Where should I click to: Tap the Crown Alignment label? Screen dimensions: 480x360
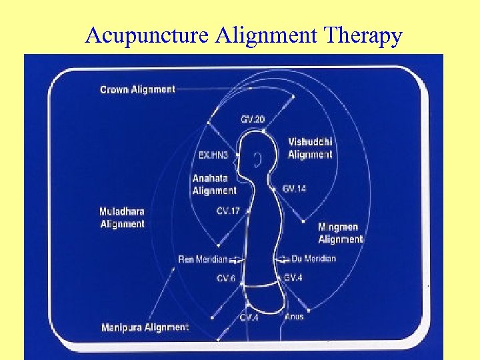[x=137, y=89]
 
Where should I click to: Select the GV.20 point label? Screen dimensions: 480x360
[x=253, y=119]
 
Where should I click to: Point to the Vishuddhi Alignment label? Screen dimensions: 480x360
[x=310, y=148]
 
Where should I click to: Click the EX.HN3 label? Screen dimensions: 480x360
[x=213, y=155]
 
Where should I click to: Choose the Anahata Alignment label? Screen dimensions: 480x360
[x=214, y=184]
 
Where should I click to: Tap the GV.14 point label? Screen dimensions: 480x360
[x=294, y=189]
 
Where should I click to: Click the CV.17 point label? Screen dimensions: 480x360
[x=228, y=211]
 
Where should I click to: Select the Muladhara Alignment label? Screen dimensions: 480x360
[x=122, y=218]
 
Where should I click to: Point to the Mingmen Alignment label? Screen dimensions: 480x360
[x=340, y=233]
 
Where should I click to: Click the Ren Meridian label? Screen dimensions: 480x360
[x=203, y=259]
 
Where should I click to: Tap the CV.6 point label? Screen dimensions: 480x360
[x=225, y=278]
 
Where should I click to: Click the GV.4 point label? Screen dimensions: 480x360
[x=293, y=277]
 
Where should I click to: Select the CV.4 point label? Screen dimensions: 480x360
[x=249, y=317]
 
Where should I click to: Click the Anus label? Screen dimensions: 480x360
[x=294, y=316]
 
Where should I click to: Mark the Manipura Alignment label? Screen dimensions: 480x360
[x=145, y=327]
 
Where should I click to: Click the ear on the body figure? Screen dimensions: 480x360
[x=257, y=159]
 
